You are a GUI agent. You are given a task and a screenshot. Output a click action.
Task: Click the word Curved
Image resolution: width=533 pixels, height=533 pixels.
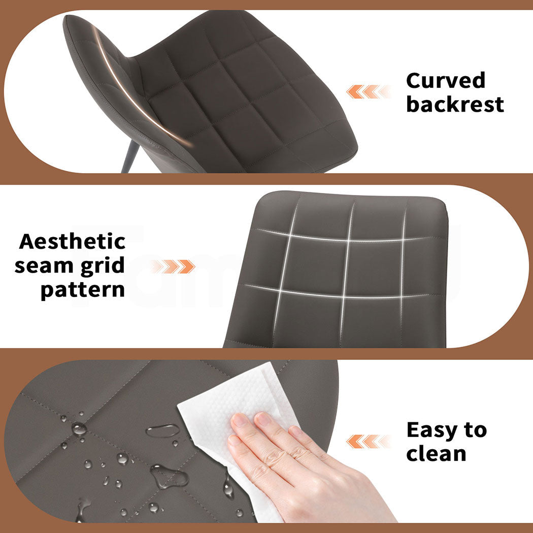click(446, 81)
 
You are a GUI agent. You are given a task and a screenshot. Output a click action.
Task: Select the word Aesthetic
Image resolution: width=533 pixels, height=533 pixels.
click(73, 242)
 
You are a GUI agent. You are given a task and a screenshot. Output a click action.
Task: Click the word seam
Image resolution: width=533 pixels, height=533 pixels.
click(44, 266)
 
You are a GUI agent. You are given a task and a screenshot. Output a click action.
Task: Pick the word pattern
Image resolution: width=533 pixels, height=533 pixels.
click(83, 290)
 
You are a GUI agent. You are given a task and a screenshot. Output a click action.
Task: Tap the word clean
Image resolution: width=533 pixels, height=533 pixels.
click(436, 453)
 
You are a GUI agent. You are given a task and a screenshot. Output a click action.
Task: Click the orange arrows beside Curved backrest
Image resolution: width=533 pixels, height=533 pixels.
click(369, 92)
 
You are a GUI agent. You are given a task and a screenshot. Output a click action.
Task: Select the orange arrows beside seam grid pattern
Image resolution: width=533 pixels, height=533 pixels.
click(173, 266)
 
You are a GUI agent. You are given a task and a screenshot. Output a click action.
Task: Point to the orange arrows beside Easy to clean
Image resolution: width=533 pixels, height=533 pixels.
click(369, 441)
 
